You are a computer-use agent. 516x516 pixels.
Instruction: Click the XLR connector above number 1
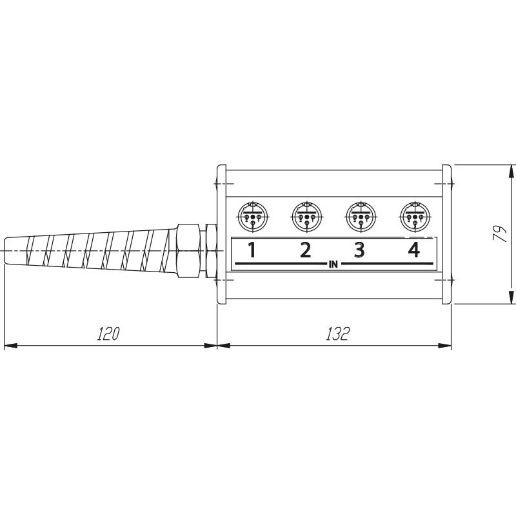(253, 217)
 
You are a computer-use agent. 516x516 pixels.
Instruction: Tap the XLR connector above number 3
(361, 217)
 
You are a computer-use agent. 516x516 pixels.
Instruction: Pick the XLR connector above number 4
(415, 217)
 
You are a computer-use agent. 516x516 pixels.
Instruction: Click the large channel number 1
(252, 250)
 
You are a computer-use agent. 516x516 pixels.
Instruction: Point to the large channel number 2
(306, 250)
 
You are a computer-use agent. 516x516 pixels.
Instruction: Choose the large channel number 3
(359, 250)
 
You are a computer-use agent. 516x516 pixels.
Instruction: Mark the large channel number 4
(414, 250)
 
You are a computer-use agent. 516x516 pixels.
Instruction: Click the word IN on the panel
(333, 264)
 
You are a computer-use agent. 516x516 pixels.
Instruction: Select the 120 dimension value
(108, 333)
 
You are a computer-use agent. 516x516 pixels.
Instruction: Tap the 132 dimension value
(337, 333)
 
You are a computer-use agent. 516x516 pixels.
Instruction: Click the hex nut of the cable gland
(188, 251)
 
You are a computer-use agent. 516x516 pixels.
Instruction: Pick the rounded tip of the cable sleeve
(7, 251)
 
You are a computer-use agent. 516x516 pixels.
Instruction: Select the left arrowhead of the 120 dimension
(10, 346)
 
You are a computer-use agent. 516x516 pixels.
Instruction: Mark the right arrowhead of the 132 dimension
(445, 346)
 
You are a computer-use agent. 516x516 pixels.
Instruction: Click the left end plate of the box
(221, 234)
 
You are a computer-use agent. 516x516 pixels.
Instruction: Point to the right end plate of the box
(446, 234)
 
